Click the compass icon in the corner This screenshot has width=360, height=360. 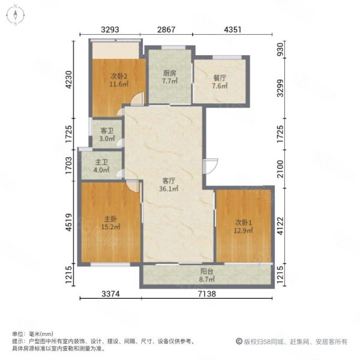coord(16,15)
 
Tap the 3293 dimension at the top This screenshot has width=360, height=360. coord(110,29)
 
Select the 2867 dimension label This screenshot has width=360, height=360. coord(166,29)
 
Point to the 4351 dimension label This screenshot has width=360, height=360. coord(233,29)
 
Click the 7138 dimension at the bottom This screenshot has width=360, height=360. coord(207,293)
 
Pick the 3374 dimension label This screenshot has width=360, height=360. coord(110,293)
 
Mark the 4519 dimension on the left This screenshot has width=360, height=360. coord(68,222)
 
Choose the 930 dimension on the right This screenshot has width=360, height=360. coord(280,50)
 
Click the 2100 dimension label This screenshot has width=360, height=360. coord(280,169)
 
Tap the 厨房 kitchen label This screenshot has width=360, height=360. coord(170,73)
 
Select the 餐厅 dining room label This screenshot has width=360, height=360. coord(220,78)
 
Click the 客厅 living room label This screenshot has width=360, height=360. coord(169,181)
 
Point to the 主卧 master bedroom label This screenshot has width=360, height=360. coord(110,219)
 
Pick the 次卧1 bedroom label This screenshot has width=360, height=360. coord(244,223)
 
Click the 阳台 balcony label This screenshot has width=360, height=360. coord(207,272)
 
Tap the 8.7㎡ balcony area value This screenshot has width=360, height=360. coord(207,280)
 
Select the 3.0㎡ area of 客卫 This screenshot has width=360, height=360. coord(107,139)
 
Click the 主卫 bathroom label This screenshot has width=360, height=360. coord(101,163)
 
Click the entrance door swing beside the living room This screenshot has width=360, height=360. coord(211,166)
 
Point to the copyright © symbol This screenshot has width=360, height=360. coord(239,341)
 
